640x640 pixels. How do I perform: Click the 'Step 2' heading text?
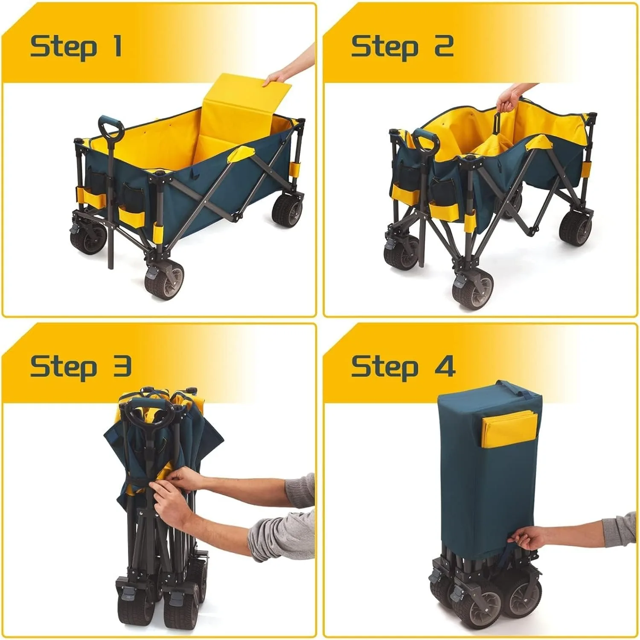(402, 47)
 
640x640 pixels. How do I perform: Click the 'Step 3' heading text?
(80, 367)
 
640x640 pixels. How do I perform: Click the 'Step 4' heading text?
(403, 367)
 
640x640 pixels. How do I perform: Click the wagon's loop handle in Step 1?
(111, 127)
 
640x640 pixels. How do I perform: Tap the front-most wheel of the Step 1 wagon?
(164, 281)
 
